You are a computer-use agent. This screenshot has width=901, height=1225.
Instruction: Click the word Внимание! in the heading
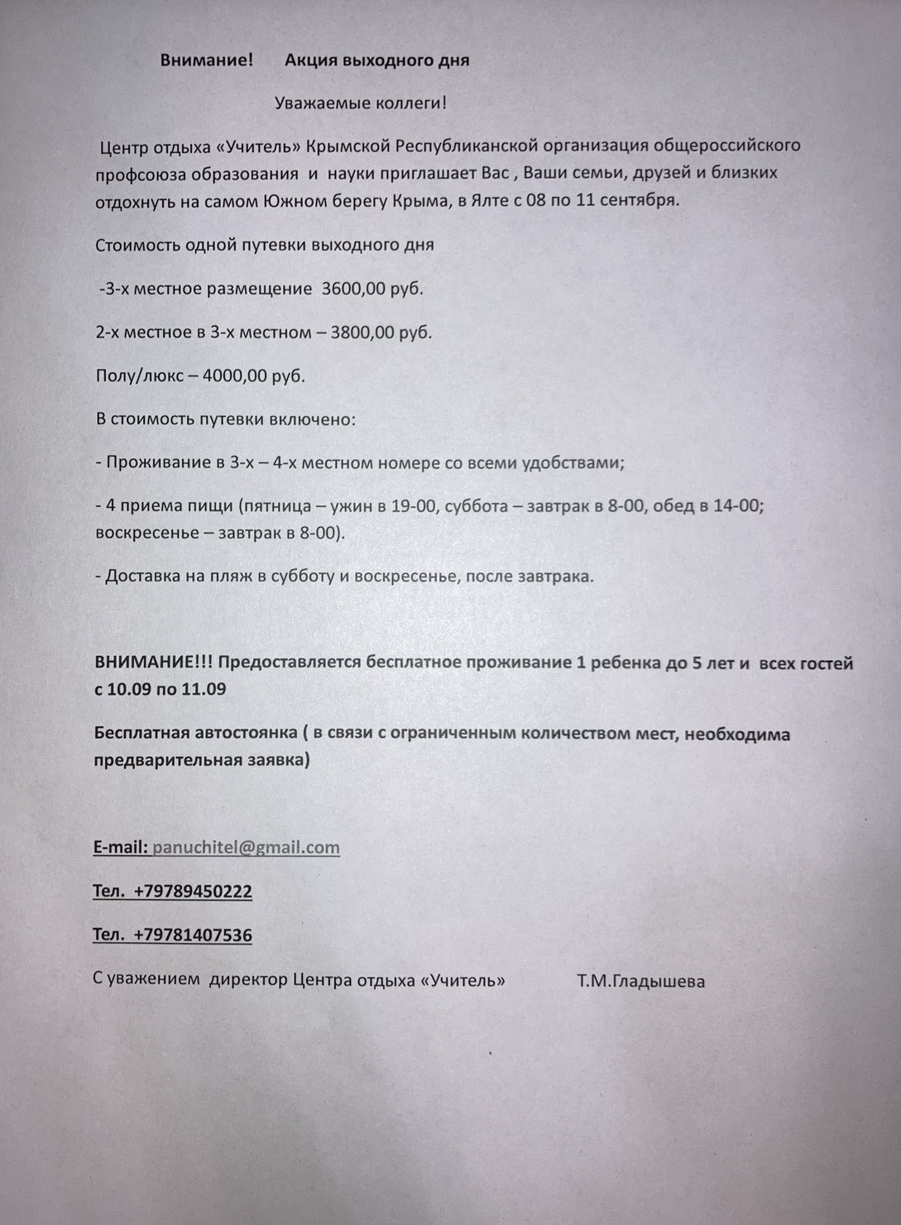[207, 60]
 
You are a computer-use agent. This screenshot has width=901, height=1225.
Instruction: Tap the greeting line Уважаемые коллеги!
[361, 103]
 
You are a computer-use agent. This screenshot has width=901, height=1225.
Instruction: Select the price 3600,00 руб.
[372, 289]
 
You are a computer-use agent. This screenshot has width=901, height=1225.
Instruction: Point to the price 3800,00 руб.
[381, 333]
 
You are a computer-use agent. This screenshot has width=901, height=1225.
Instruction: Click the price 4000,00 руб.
[253, 376]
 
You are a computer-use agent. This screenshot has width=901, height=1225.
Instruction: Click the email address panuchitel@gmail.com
[246, 847]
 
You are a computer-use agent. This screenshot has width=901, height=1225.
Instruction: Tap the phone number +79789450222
[192, 891]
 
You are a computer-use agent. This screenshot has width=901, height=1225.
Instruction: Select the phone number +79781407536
[192, 935]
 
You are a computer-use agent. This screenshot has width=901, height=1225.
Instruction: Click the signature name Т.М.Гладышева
[641, 982]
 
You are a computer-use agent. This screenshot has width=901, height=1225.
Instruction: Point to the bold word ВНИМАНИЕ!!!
[154, 663]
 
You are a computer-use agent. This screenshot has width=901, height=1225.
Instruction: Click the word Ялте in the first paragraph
[491, 200]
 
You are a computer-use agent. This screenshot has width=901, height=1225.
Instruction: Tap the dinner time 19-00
[413, 505]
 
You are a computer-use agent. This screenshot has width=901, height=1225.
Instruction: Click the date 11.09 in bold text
[204, 689]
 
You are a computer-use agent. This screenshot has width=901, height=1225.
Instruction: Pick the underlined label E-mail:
[121, 847]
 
